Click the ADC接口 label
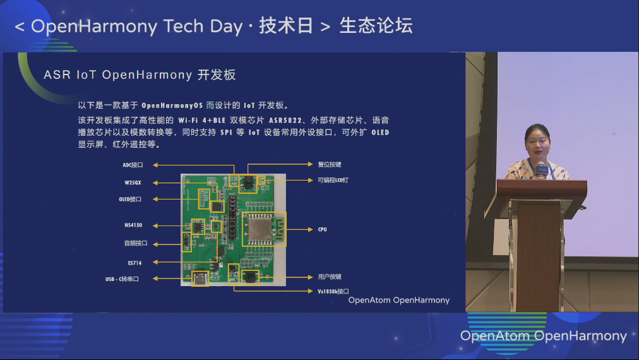click(133, 165)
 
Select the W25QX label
click(133, 183)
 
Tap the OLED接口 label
click(130, 200)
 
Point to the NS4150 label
click(133, 225)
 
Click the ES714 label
click(134, 263)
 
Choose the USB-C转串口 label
click(122, 279)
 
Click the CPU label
click(323, 229)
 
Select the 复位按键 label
click(329, 164)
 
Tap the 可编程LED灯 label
click(333, 180)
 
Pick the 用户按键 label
click(329, 277)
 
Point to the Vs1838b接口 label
click(333, 292)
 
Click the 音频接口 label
click(135, 243)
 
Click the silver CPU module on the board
click(260, 229)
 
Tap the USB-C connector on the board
click(200, 279)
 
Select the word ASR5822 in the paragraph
click(285, 120)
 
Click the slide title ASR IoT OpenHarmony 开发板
click(140, 75)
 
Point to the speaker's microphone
click(542, 169)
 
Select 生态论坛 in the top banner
click(376, 26)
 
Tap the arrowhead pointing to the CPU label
click(311, 229)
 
